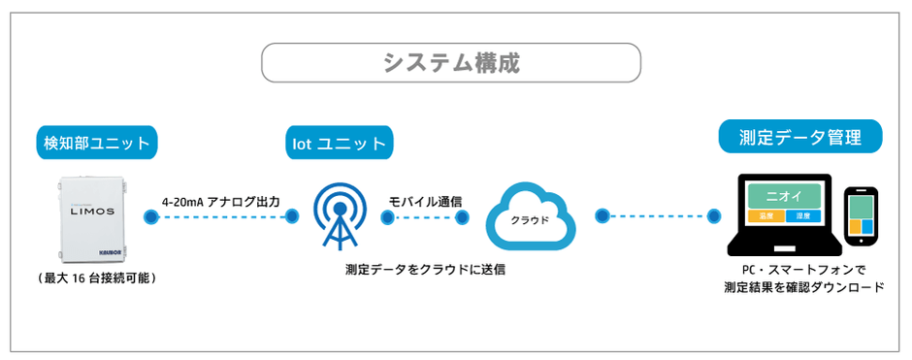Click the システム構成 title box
point(451,64)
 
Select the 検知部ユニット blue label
point(97,144)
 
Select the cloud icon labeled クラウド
point(530,217)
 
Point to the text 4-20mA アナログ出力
point(221,202)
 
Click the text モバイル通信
point(425,202)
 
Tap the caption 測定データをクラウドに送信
point(425,269)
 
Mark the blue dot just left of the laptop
point(716,216)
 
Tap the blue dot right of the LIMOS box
point(149,217)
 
